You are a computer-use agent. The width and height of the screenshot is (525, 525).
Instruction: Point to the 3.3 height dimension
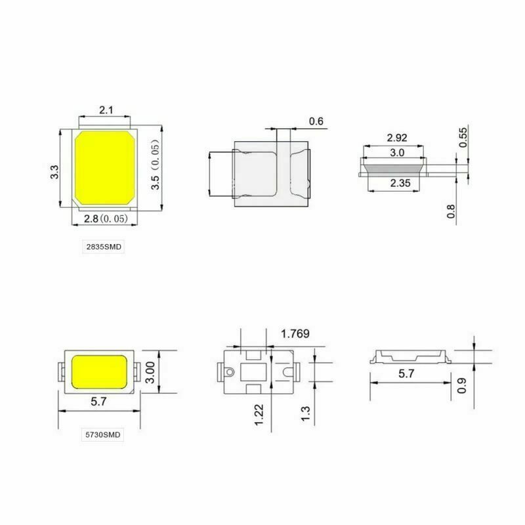54,172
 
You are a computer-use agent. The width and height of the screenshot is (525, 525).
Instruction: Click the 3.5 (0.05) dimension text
156,165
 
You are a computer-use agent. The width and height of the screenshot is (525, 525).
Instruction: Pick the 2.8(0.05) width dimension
108,219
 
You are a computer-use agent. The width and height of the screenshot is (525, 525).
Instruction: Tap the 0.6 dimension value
316,121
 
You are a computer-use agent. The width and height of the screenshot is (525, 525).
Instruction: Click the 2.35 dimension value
399,184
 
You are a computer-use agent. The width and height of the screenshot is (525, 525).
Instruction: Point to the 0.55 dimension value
463,135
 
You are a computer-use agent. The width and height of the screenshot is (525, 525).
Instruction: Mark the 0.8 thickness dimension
451,211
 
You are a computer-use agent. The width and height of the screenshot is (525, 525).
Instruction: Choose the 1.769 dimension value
295,334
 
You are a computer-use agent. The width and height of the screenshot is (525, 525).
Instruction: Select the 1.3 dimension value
304,415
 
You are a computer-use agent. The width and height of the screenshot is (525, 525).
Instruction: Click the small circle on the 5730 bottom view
229,372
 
